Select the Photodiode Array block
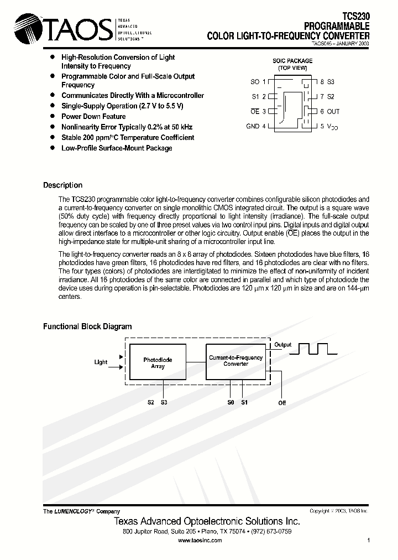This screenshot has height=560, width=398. click(x=158, y=362)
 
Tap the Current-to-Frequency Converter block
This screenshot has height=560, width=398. click(x=235, y=361)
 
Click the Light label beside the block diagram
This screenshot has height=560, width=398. click(x=101, y=362)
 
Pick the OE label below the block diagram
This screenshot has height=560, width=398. click(x=282, y=403)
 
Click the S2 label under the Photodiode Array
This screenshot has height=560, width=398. click(x=151, y=402)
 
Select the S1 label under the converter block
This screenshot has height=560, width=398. click(x=244, y=402)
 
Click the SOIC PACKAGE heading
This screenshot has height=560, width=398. click(x=292, y=61)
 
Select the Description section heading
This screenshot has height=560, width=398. click(x=62, y=185)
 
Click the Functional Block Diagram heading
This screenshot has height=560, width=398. click(x=87, y=326)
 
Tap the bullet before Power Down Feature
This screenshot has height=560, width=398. click(x=53, y=116)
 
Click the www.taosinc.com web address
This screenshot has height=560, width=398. click(x=200, y=540)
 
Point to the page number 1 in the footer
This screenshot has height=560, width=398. click(x=368, y=540)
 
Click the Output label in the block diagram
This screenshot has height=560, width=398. click(x=283, y=345)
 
